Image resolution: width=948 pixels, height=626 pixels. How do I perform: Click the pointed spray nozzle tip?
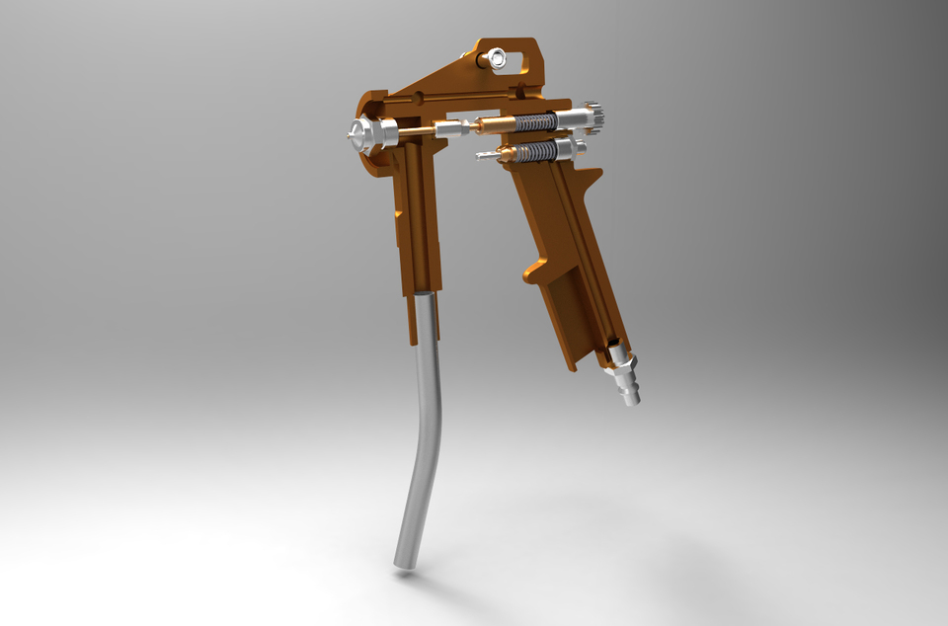click(x=351, y=136)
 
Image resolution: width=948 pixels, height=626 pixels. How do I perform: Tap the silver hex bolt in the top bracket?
click(x=496, y=58)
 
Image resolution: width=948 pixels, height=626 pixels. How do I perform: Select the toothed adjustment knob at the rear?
click(x=594, y=117)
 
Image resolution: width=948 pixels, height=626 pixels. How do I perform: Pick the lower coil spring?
click(x=536, y=152)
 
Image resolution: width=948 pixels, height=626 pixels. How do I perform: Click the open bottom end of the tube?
click(x=405, y=563)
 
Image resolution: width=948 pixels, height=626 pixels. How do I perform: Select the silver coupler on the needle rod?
click(x=451, y=128)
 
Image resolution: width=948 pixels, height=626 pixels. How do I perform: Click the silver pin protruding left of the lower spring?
click(x=486, y=155)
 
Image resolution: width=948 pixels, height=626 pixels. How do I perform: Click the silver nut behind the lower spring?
click(x=571, y=149)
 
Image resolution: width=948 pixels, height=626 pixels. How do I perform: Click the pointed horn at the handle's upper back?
click(x=593, y=176)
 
